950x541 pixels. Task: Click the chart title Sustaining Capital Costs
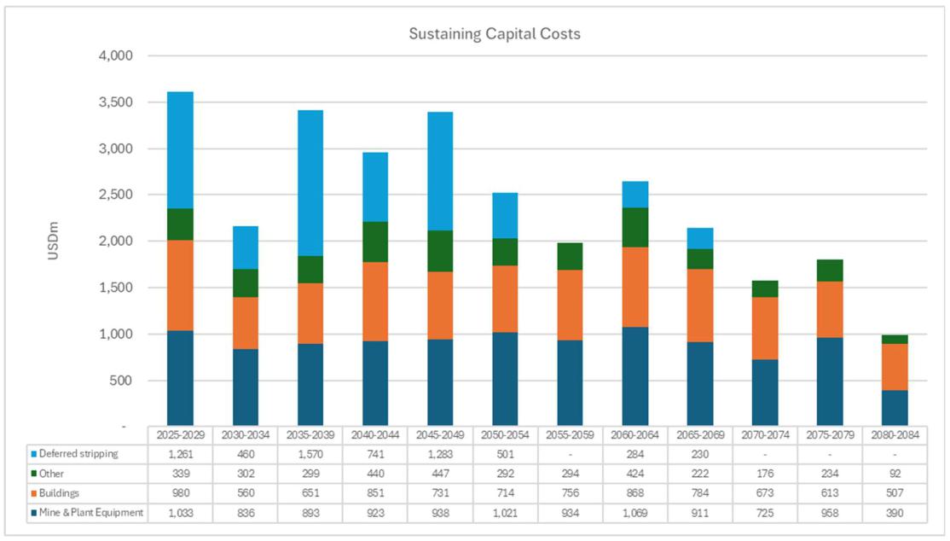click(x=495, y=34)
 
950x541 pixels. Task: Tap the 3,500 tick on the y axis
click(x=117, y=102)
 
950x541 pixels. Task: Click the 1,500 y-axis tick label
click(x=117, y=288)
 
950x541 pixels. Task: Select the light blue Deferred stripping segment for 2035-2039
click(x=310, y=183)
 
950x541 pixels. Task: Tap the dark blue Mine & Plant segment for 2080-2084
click(x=895, y=408)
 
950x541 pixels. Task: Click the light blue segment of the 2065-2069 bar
click(x=699, y=238)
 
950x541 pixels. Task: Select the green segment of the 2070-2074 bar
click(x=764, y=288)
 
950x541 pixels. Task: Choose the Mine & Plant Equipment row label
click(x=90, y=514)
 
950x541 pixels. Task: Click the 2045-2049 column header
click(x=440, y=434)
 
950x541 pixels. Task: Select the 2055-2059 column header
click(x=570, y=434)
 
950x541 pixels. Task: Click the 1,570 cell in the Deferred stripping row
click(x=310, y=454)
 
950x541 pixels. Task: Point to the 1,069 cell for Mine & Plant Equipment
click(x=634, y=514)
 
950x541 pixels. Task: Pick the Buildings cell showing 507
click(x=895, y=494)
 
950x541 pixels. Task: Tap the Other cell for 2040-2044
click(x=374, y=474)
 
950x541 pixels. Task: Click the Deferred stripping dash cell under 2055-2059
click(x=570, y=454)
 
